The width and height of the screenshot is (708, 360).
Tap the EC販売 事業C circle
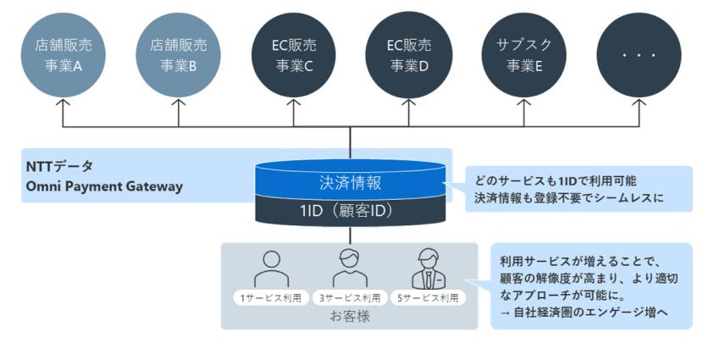293,53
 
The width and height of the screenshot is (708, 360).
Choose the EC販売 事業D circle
408,53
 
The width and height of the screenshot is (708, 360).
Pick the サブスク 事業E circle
523,53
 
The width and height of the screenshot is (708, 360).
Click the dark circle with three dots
639,53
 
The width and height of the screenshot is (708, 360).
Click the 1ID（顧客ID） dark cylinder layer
350,210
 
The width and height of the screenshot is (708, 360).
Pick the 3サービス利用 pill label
349,298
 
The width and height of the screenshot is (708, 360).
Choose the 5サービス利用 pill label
428,298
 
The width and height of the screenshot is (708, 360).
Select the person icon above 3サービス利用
349,269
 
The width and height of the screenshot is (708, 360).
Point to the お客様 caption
349,318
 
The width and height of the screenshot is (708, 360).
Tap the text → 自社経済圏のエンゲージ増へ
584,313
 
